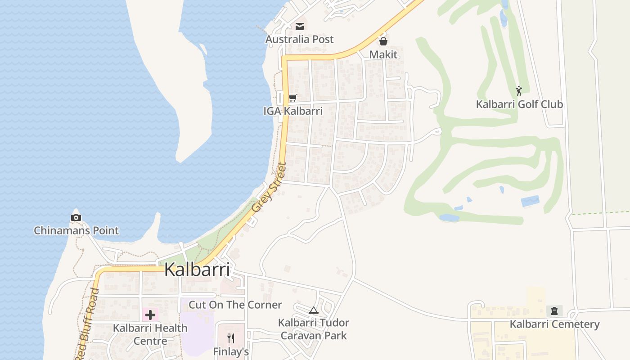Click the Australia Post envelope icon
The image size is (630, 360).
pyautogui.click(x=300, y=27)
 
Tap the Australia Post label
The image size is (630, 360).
pyautogui.click(x=300, y=39)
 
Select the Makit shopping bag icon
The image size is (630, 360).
pyautogui.click(x=383, y=42)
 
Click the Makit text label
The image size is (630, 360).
pyautogui.click(x=383, y=54)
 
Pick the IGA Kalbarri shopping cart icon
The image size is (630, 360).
pyautogui.click(x=293, y=98)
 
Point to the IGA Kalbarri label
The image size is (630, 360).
pyautogui.click(x=293, y=111)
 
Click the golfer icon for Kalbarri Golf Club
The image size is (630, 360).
pyautogui.click(x=519, y=91)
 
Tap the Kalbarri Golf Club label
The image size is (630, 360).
pyautogui.click(x=519, y=104)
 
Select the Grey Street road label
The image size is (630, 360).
pyautogui.click(x=269, y=188)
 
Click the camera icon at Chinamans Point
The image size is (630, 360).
pyautogui.click(x=76, y=218)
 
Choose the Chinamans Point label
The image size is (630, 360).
pyautogui.click(x=76, y=231)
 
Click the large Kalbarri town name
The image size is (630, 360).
pyautogui.click(x=197, y=270)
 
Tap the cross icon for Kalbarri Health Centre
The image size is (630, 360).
pyautogui.click(x=150, y=315)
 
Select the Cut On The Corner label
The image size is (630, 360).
pyautogui.click(x=235, y=305)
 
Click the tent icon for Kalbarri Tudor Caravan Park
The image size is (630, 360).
pyautogui.click(x=314, y=310)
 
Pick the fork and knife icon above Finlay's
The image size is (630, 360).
pyautogui.click(x=231, y=338)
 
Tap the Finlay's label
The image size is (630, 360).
pyautogui.click(x=231, y=351)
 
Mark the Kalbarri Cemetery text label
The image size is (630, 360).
pyautogui.click(x=554, y=324)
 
